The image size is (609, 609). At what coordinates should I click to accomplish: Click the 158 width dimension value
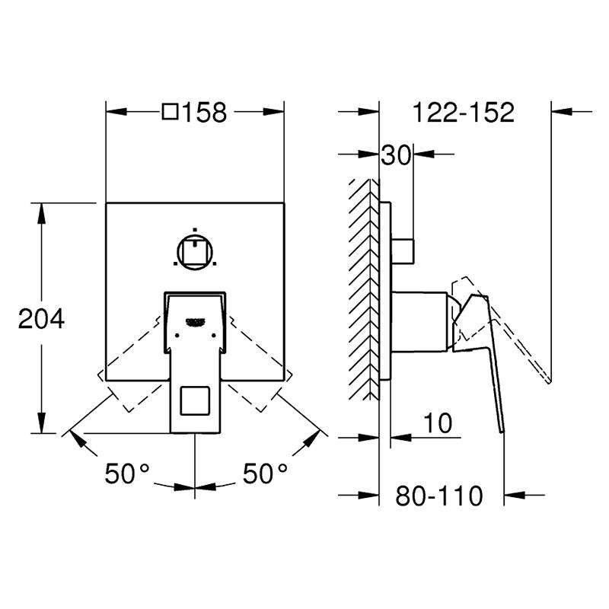click(x=204, y=113)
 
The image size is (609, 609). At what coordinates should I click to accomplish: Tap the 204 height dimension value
click(x=41, y=319)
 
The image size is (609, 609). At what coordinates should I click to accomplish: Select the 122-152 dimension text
click(x=464, y=113)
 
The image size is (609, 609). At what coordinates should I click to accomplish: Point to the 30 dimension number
click(x=396, y=155)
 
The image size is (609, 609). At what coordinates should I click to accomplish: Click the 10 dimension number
click(x=438, y=422)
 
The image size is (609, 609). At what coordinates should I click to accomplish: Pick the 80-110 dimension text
click(x=439, y=496)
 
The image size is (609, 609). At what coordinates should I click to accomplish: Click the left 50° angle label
click(x=127, y=473)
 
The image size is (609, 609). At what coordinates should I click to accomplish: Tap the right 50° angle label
click(x=265, y=473)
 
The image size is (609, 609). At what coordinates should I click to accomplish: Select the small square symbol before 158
click(x=170, y=111)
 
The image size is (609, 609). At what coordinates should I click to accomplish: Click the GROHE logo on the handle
click(x=196, y=320)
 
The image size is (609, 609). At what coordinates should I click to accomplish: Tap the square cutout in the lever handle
click(x=195, y=400)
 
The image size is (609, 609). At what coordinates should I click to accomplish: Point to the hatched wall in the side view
click(x=364, y=289)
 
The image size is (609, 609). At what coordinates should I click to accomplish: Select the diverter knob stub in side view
click(x=403, y=251)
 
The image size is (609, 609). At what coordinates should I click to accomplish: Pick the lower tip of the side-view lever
click(x=502, y=432)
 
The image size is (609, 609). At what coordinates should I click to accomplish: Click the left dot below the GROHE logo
click(x=177, y=335)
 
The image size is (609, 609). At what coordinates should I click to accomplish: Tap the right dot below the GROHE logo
click(x=213, y=335)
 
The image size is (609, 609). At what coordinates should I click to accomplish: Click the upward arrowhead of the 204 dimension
click(x=41, y=213)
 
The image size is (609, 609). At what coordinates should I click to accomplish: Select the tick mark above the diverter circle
click(x=195, y=230)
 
